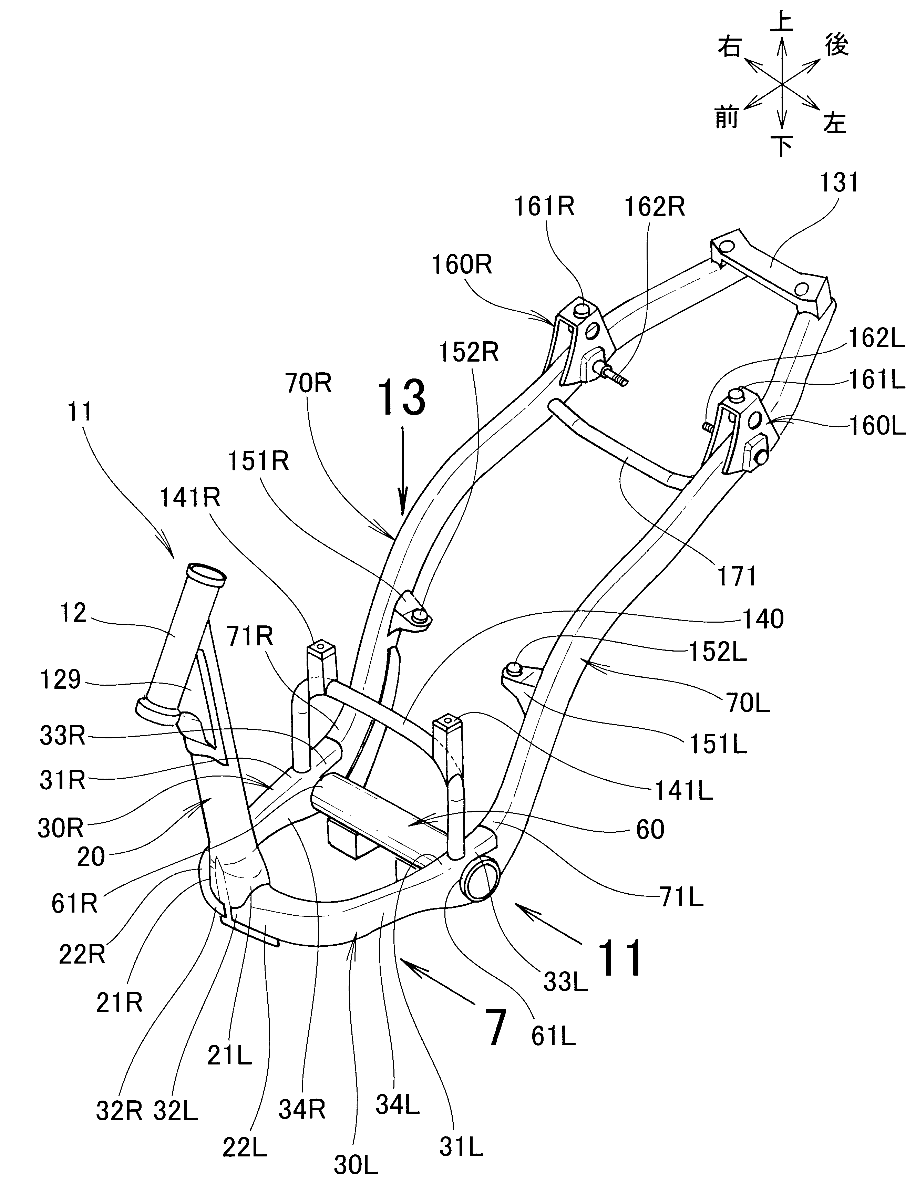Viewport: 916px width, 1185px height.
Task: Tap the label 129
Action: pyautogui.click(x=60, y=679)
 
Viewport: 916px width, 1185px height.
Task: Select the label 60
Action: pyautogui.click(x=650, y=830)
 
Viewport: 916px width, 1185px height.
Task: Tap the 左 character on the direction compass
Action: pyautogui.click(x=834, y=123)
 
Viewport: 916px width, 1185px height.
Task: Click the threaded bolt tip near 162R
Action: pyautogui.click(x=622, y=382)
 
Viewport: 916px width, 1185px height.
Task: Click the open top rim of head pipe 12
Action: pyautogui.click(x=205, y=573)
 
